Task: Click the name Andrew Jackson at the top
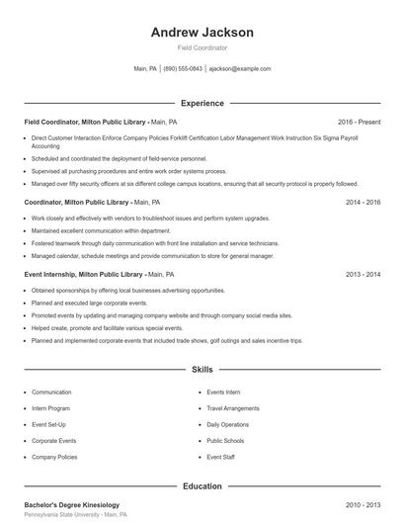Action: click(x=202, y=32)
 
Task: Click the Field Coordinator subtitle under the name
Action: click(x=202, y=47)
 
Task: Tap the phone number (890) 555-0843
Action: click(x=183, y=69)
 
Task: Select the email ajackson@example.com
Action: click(x=240, y=69)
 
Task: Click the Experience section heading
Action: click(x=202, y=103)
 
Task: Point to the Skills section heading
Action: click(x=202, y=370)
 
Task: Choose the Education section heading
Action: click(x=202, y=486)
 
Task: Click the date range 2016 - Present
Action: click(x=359, y=122)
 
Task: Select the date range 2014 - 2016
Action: click(x=363, y=201)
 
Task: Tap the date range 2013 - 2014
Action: click(x=363, y=274)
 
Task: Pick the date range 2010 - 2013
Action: click(x=363, y=505)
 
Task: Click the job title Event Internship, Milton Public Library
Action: click(x=85, y=274)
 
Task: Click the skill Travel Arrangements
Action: click(x=233, y=408)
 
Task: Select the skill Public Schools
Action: click(x=226, y=441)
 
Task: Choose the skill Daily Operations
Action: click(x=228, y=424)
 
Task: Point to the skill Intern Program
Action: click(x=51, y=408)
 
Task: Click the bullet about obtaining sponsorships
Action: click(x=128, y=291)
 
